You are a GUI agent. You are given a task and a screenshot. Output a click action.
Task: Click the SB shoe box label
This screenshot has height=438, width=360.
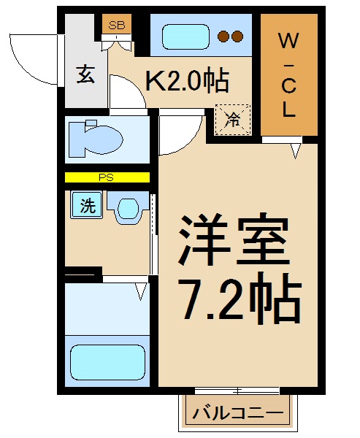click(116, 25)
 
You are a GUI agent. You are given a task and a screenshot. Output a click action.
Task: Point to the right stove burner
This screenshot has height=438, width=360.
click(239, 36)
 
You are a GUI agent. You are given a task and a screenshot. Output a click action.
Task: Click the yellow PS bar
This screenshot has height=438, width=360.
click(107, 177)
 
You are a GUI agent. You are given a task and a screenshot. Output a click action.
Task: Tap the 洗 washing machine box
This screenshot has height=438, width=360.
click(87, 206)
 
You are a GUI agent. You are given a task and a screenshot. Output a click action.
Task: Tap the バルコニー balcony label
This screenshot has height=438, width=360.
click(237, 414)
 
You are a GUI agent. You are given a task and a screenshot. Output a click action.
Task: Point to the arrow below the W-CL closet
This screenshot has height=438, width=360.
click(296, 151)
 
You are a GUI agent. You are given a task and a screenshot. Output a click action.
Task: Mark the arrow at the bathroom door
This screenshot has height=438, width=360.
click(141, 292)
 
